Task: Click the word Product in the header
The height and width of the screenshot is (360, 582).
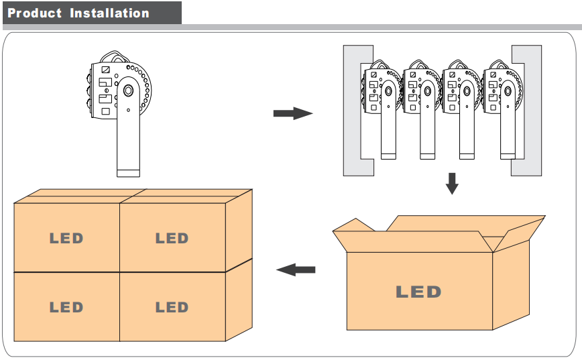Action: coord(35,13)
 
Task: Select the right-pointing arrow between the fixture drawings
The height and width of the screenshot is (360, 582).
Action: coord(293,113)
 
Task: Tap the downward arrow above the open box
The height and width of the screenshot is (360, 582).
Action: coord(452,183)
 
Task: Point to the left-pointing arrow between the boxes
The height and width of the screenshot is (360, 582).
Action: coord(296,269)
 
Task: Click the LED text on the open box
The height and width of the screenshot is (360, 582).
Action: coord(418,292)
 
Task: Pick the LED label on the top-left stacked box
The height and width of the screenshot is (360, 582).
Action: coord(66,238)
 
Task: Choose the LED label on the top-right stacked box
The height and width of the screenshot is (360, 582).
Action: coord(172,238)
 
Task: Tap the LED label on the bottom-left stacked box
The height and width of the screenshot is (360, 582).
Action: coord(66,307)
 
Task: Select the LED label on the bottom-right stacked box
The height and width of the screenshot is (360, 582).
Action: coord(172,307)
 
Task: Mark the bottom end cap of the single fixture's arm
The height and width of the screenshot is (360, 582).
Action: coord(128,173)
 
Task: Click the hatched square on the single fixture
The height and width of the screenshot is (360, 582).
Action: coord(105,69)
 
